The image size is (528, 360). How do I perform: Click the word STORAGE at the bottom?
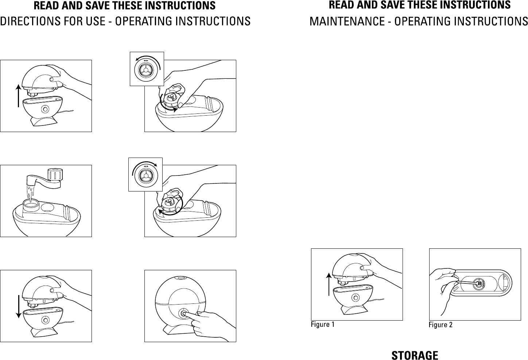pos(415,355)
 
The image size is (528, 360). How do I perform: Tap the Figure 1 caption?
pos(322,324)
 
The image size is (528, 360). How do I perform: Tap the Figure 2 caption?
pos(440,325)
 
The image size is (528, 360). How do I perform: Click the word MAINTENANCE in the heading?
pos(347,21)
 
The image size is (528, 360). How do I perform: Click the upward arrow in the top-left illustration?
pos(18,96)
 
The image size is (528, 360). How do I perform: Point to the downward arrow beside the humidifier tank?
pos(18,306)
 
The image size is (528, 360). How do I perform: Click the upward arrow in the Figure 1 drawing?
pos(329,284)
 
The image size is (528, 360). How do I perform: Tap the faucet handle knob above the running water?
pos(55,175)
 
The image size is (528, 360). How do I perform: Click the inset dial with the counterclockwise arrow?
pos(147,69)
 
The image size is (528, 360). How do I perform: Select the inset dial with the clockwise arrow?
pos(145,174)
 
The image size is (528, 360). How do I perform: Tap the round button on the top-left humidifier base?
pos(45,109)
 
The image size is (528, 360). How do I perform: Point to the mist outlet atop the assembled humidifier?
pos(181,278)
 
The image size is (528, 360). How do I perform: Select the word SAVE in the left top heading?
pos(94,6)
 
